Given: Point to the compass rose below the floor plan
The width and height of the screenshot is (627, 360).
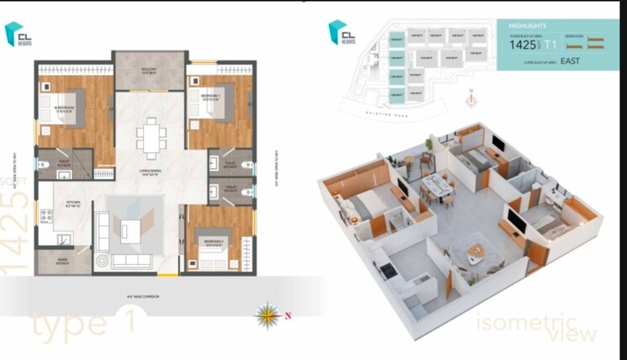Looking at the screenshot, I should (268, 315).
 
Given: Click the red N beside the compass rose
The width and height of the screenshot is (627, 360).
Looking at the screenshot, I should (286, 316).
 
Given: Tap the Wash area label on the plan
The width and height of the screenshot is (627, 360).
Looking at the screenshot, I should (63, 262).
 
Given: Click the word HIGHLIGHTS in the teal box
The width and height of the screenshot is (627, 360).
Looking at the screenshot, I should (528, 26).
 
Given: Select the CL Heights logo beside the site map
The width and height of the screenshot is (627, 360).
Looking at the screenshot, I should (342, 33).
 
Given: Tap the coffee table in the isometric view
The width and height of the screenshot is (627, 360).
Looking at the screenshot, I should (476, 251).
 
